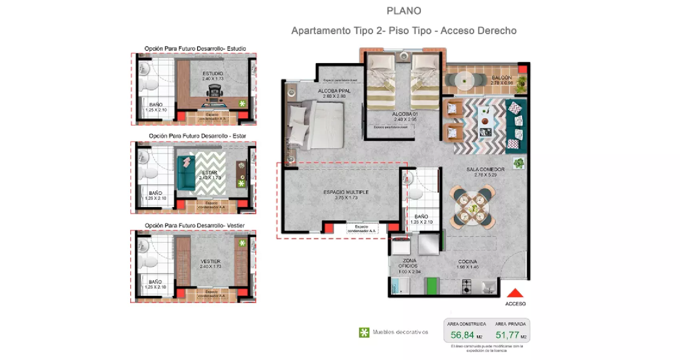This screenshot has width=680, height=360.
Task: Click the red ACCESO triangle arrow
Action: pyautogui.click(x=515, y=294)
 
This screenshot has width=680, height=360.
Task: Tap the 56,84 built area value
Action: pyautogui.click(x=462, y=335)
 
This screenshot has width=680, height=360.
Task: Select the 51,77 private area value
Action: pyautogui.click(x=507, y=335)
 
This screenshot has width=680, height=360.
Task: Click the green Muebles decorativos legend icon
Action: pyautogui.click(x=364, y=332)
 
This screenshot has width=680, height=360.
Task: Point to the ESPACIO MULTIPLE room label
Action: pyautogui.click(x=346, y=192)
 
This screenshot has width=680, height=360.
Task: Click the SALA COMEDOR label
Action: pyautogui.click(x=485, y=170)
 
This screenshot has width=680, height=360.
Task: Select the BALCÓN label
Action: pyautogui.click(x=502, y=78)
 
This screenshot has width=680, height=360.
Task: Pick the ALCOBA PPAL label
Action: pyautogui.click(x=334, y=91)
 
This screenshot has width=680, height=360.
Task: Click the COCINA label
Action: pyautogui.click(x=467, y=262)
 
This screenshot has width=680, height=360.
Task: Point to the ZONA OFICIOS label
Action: pyautogui.click(x=409, y=263)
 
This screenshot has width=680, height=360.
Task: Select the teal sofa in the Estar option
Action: pyautogui.click(x=186, y=173)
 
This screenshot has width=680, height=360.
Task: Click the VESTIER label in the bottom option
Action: pyautogui.click(x=211, y=262)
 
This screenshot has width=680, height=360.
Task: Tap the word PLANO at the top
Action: pyautogui.click(x=404, y=11)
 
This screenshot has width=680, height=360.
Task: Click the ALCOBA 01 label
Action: pyautogui.click(x=405, y=114)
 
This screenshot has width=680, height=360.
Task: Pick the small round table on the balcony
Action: pyautogui.click(x=464, y=80)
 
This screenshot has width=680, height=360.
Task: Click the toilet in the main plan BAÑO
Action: pyautogui.click(x=416, y=194)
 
